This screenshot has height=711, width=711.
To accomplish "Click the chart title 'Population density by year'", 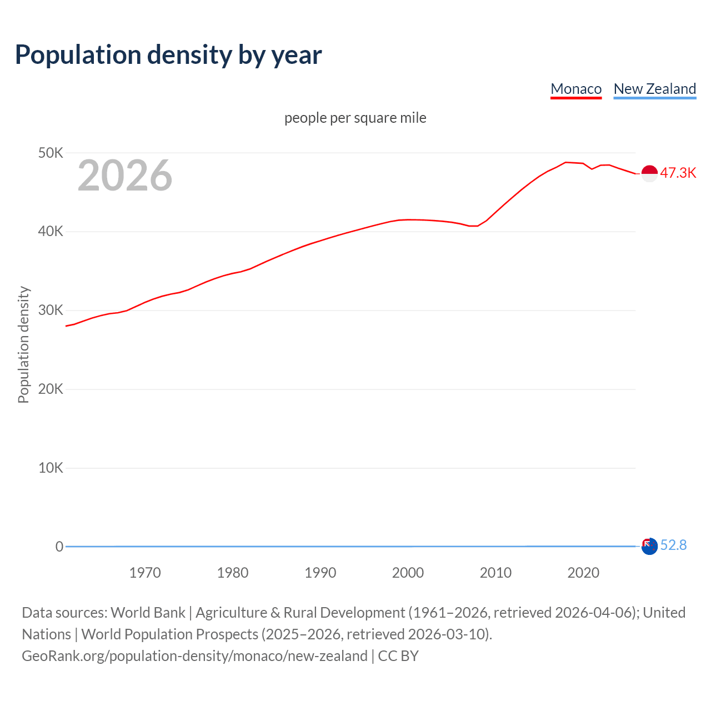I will coord(168,55).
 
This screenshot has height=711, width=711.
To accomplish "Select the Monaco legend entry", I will coord(576,89).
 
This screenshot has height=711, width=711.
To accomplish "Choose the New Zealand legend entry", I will coord(654,89).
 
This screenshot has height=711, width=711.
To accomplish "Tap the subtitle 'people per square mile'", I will coord(355,118).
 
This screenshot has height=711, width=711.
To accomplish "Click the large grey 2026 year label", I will coord(125,176).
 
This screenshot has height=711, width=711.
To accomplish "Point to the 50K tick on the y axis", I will coord(51,153).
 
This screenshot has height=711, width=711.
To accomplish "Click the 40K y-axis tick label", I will coord(51,232).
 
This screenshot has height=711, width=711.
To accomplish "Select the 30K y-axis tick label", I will coord(51,311).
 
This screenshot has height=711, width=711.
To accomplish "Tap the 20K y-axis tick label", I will coord(51,389).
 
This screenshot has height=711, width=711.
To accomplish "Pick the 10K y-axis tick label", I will coord(51,468).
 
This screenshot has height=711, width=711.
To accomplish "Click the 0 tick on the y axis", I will coord(59,547).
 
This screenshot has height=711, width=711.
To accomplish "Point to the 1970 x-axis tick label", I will coord(145,573).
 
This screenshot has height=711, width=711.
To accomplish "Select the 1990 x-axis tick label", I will coord(321,573).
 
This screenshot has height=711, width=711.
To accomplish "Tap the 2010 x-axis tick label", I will coord(495,573).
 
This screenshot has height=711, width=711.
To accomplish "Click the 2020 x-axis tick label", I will coord(583,573).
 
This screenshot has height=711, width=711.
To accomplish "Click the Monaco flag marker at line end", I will coord(649,173).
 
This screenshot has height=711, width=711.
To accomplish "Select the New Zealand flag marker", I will coord(649,546).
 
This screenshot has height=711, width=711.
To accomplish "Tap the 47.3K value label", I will coord(678,173).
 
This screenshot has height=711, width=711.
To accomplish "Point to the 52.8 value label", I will coord(674,545).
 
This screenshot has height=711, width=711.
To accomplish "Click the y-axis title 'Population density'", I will coord(23,344).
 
